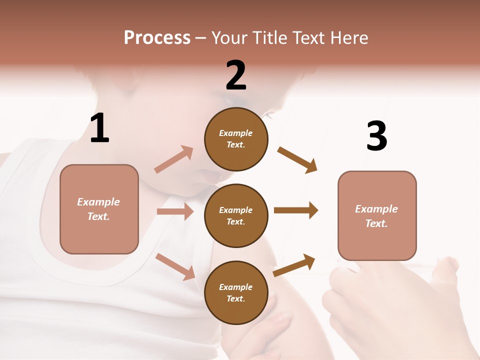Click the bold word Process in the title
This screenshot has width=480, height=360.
pos(157,38)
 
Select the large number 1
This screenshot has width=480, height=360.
pos(99,128)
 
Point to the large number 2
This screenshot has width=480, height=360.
pos(236,75)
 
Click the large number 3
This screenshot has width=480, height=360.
pos(376,136)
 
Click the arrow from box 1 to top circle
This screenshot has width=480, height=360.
pos(174,159)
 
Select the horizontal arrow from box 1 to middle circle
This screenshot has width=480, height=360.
pos(175,211)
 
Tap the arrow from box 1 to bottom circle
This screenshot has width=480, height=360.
pos(175,266)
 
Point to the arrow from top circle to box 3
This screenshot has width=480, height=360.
pos(297,159)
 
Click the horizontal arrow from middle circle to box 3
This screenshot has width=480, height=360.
pos(296,210)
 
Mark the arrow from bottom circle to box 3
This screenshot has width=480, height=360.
pos(294,265)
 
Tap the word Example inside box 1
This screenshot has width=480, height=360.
pos(98,202)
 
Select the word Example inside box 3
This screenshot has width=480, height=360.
pos(376,209)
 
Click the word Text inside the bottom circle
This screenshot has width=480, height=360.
pos(235,299)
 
